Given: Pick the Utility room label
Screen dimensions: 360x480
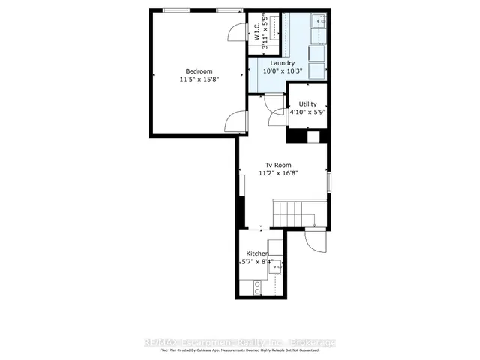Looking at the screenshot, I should [x=307, y=104].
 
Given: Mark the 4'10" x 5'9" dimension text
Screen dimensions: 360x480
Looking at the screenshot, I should [x=307, y=112].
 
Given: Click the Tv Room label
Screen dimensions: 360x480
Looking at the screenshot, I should [x=278, y=165].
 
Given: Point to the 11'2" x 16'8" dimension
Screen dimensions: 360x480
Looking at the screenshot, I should [x=278, y=173].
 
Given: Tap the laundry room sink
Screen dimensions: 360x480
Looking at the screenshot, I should [x=321, y=22].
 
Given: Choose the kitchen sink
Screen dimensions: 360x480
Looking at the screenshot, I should [x=277, y=265].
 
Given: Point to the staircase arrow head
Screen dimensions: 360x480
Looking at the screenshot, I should [x=315, y=223].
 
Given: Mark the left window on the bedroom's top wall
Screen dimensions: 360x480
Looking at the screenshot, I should [x=175, y=10].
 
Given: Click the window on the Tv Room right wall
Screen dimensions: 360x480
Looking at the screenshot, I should [x=329, y=181].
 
